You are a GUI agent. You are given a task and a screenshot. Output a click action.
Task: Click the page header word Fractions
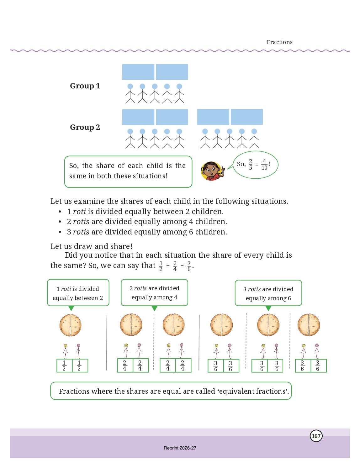point(279,42)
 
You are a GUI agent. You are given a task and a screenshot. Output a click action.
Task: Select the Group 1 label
point(85,86)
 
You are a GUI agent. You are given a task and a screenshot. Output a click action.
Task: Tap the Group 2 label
point(85,127)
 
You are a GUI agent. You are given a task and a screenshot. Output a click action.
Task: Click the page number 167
point(316,436)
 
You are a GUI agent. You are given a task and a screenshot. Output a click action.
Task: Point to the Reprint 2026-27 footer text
point(180,448)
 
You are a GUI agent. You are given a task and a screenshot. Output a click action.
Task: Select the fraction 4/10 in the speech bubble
point(264,165)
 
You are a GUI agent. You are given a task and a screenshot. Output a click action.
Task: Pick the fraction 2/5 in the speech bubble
point(250,165)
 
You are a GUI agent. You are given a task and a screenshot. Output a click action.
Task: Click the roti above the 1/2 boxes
point(71,325)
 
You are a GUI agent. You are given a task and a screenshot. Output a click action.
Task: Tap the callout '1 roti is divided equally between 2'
point(78,293)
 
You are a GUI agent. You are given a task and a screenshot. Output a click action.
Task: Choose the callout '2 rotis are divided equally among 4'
point(154,293)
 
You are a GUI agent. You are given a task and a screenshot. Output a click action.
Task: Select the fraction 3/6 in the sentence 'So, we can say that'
point(189,266)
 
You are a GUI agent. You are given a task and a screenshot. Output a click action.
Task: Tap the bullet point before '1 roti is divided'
point(60,212)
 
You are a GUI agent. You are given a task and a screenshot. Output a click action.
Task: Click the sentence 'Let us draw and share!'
point(91,246)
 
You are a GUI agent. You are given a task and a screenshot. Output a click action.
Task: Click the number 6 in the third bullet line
point(191,232)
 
